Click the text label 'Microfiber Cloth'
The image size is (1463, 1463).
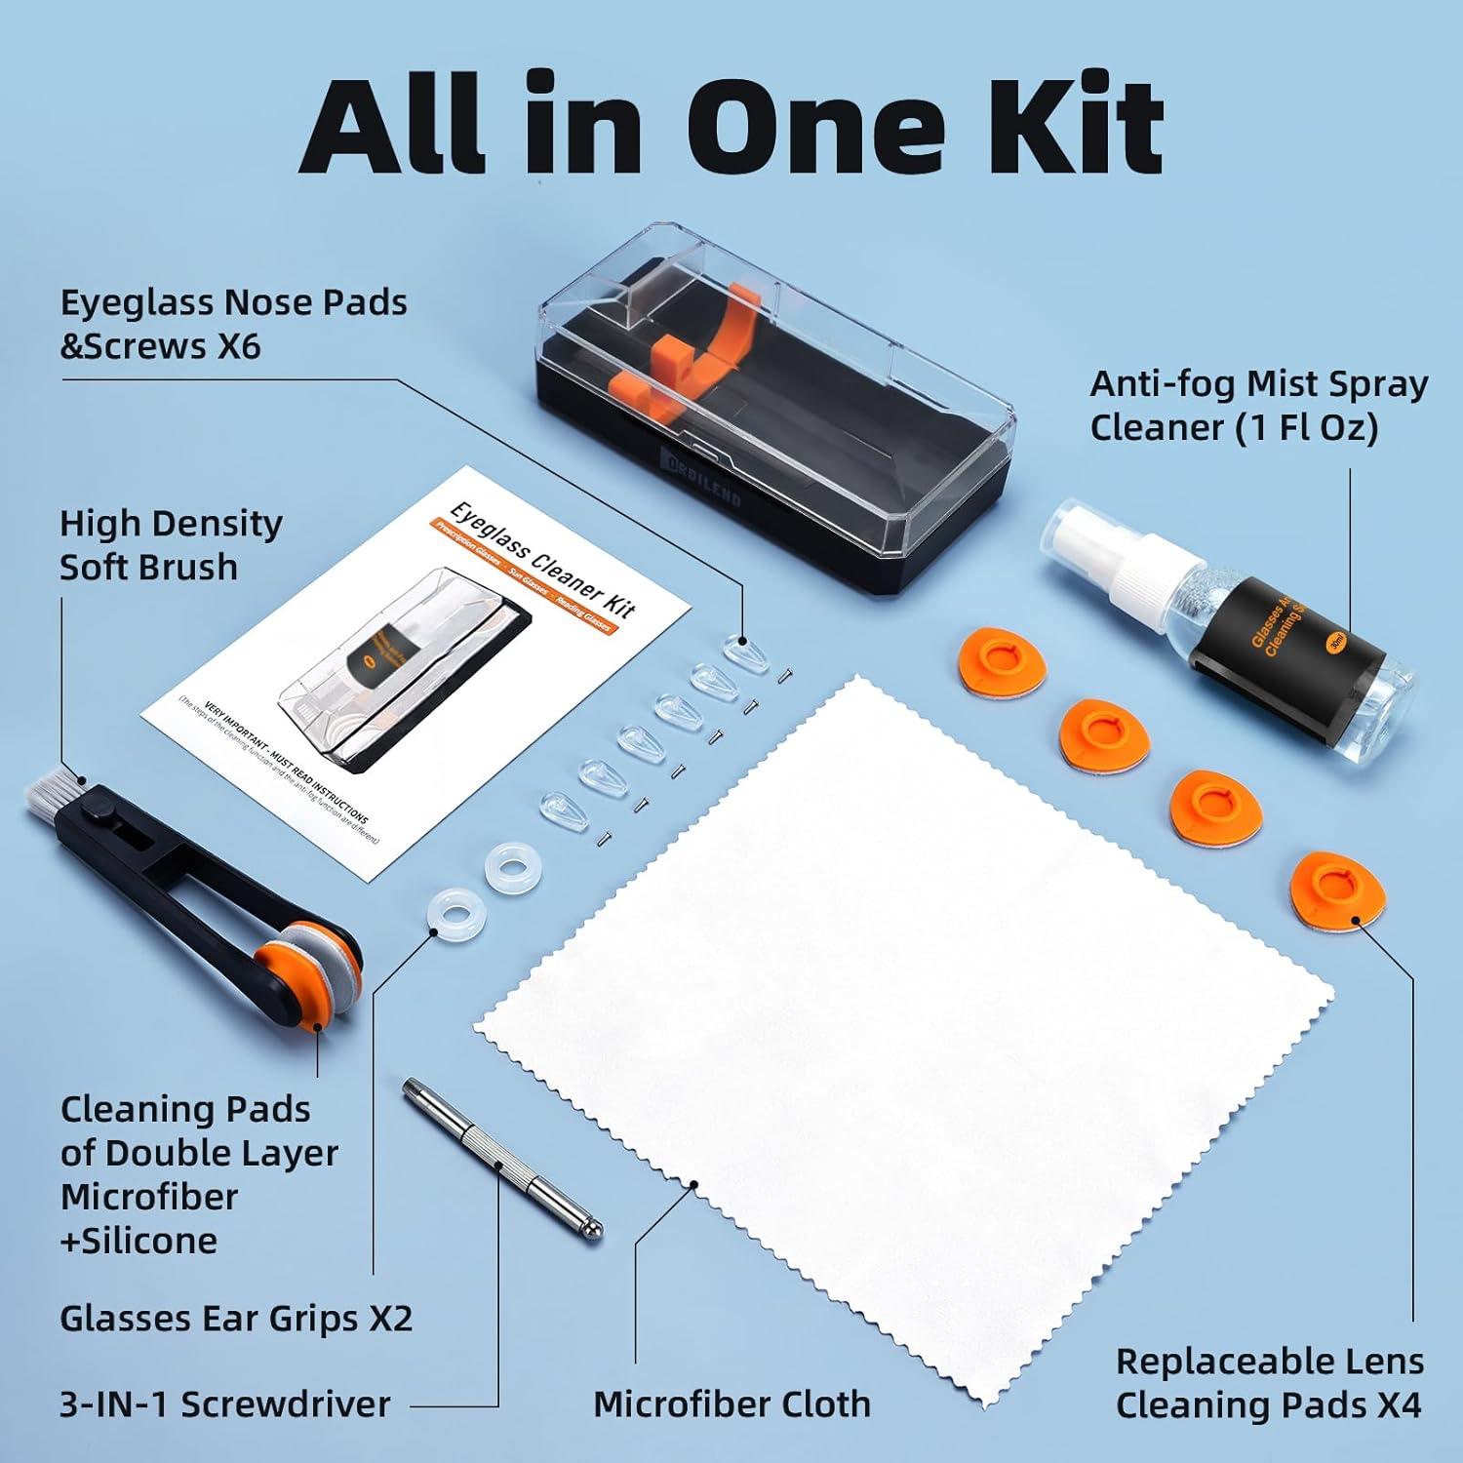coord(731,1404)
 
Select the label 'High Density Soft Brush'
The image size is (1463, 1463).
coord(171,545)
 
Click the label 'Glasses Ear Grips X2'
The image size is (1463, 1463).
coord(236,1319)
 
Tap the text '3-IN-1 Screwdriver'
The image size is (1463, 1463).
coord(225,1404)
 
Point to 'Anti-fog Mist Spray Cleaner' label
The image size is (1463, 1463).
coord(1258,406)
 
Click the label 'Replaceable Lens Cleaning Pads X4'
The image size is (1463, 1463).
coord(1269,1383)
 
